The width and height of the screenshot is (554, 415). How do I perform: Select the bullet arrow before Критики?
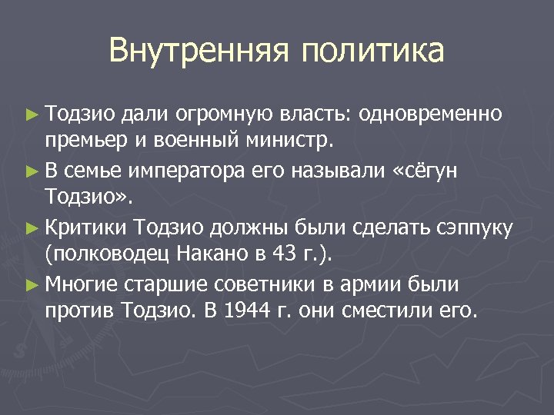(x=31, y=228)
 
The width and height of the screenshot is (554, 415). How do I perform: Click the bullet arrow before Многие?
(x=31, y=285)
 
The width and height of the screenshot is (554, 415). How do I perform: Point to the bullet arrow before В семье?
(x=31, y=171)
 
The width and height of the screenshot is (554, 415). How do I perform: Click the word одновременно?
(x=432, y=115)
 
